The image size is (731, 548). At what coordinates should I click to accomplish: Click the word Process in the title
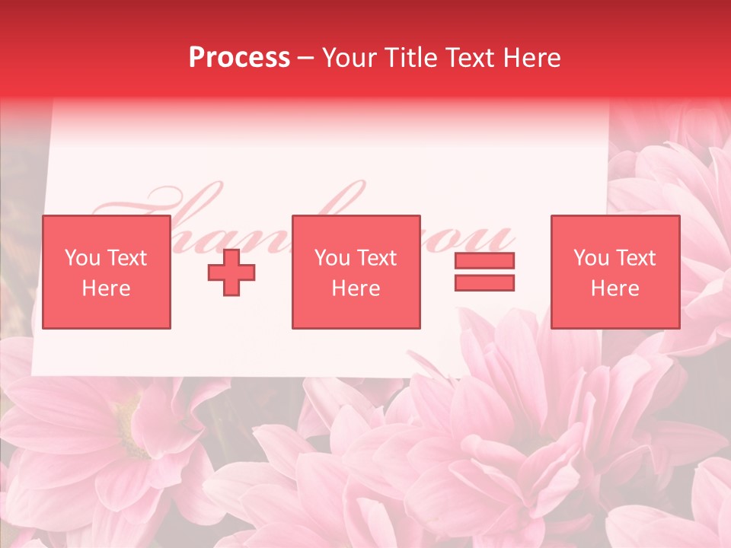click(239, 58)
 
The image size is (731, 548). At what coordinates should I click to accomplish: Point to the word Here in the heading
click(535, 58)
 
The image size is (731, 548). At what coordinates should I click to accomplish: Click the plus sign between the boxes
click(231, 272)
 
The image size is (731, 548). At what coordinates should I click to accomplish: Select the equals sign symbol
click(484, 272)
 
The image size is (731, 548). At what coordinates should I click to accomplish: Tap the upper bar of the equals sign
click(484, 260)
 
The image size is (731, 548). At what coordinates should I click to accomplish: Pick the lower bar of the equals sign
click(484, 283)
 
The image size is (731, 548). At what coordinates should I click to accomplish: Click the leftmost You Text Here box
click(106, 272)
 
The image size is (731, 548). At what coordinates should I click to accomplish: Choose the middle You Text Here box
click(356, 272)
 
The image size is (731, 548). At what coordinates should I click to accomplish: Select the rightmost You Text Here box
click(614, 272)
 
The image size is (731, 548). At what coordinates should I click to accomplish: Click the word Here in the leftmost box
click(106, 288)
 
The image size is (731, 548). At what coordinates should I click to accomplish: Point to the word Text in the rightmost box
click(635, 258)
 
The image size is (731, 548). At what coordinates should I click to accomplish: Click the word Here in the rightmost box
click(614, 288)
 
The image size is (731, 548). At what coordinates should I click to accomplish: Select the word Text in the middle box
click(376, 258)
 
